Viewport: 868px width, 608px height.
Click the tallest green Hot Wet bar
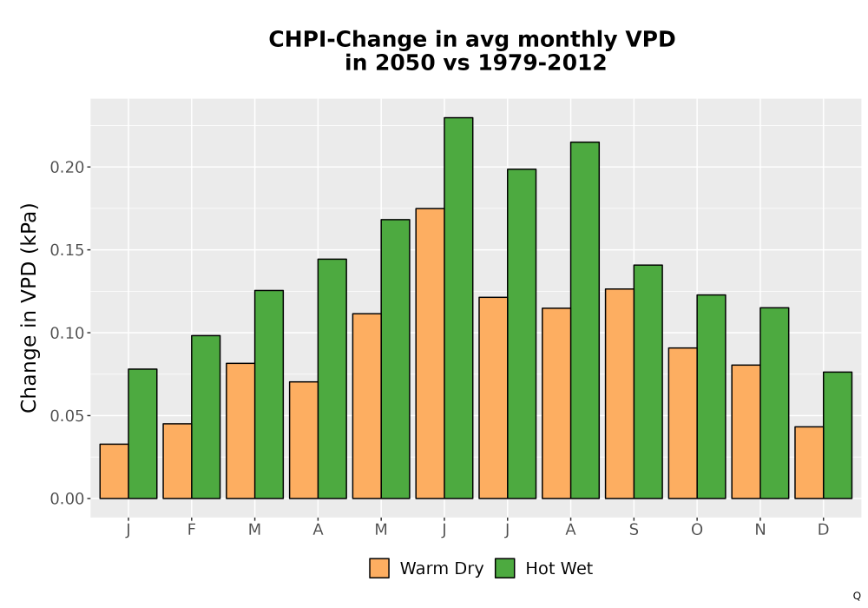click(x=458, y=307)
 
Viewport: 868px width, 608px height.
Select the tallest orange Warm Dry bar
click(x=431, y=354)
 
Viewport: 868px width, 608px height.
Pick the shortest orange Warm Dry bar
click(x=114, y=472)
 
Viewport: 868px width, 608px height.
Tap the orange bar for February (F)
click(x=177, y=460)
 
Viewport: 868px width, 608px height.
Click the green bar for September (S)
click(x=648, y=381)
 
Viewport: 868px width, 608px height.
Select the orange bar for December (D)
click(x=809, y=462)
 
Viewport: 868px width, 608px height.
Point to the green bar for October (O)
click(x=712, y=396)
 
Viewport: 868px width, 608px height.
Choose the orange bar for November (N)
click(x=746, y=432)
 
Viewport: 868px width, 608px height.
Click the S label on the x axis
click(x=634, y=530)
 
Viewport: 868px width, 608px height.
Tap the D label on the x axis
click(x=823, y=530)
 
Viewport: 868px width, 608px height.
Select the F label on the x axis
click(x=192, y=530)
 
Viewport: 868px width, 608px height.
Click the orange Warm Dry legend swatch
click(x=379, y=568)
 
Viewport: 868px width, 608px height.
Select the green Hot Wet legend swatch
click(x=504, y=568)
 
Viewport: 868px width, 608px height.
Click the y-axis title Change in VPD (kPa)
click(x=29, y=307)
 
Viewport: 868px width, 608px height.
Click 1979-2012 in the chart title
click(x=542, y=62)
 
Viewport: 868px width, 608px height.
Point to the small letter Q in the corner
click(x=857, y=596)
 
